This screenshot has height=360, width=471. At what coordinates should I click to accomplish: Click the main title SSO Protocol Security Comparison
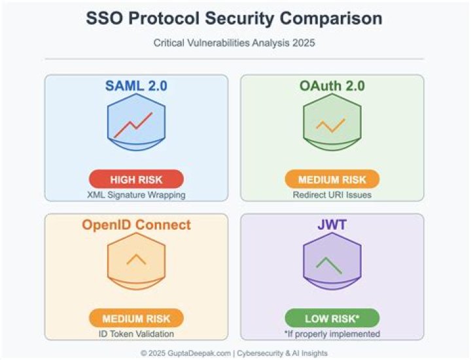click(x=234, y=18)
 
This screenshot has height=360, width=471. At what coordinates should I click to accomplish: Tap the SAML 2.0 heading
click(x=136, y=86)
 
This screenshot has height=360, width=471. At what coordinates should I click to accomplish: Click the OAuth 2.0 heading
click(x=332, y=86)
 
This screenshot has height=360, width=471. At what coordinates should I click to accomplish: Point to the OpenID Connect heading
click(x=136, y=225)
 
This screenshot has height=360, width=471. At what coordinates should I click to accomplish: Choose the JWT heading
click(x=332, y=225)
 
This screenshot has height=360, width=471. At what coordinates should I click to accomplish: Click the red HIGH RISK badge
click(x=136, y=179)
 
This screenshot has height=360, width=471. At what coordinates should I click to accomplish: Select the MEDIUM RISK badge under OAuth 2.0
click(x=332, y=179)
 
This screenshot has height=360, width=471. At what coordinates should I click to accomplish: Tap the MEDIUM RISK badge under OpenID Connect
click(x=136, y=318)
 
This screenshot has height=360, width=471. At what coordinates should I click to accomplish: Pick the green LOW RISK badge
click(x=332, y=318)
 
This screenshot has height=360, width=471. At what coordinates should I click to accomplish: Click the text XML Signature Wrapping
click(x=136, y=194)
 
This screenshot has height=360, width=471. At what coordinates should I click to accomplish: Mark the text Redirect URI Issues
click(x=332, y=194)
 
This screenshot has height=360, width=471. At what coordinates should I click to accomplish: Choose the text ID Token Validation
click(x=136, y=333)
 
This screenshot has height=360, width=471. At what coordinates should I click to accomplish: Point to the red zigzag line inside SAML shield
click(x=133, y=124)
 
